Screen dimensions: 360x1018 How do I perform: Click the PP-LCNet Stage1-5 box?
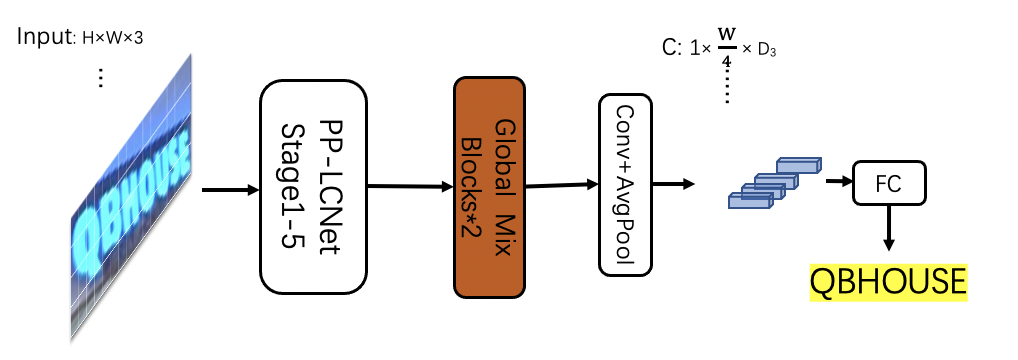pyautogui.click(x=313, y=186)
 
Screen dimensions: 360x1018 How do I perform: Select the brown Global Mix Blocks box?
pyautogui.click(x=490, y=187)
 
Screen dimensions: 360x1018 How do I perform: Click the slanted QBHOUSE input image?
pyautogui.click(x=132, y=196)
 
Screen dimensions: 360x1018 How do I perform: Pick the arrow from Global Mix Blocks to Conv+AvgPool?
pyautogui.click(x=560, y=184)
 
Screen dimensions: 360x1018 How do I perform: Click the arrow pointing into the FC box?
pyautogui.click(x=837, y=181)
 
